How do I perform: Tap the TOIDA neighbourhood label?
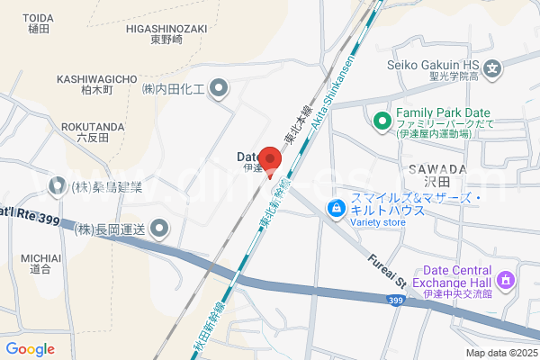click(x=38, y=22)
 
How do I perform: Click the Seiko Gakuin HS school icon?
click(x=492, y=67)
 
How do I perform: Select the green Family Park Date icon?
click(x=382, y=121)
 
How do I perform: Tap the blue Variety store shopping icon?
click(x=336, y=209)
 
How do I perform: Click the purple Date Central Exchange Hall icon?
click(x=506, y=280)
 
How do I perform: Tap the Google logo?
click(x=30, y=349)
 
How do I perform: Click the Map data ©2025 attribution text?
click(x=500, y=353)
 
